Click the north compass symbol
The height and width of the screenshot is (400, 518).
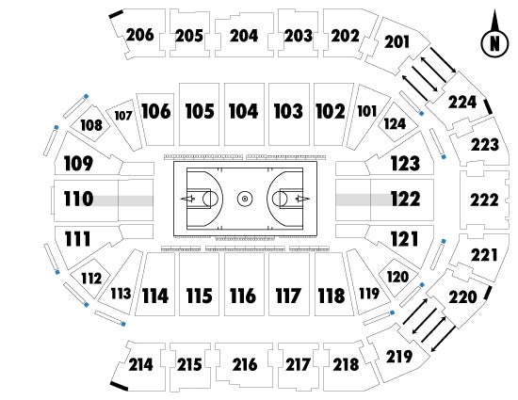coord(494,40)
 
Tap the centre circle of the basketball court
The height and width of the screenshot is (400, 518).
coord(245,199)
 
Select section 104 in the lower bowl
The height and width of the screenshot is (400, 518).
coord(244,114)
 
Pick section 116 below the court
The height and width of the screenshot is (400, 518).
coord(244,284)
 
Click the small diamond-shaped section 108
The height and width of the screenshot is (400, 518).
coord(91,124)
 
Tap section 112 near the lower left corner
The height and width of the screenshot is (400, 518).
coord(91,278)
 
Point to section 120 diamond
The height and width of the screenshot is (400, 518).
coord(398,277)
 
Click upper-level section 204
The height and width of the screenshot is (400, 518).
coord(244,35)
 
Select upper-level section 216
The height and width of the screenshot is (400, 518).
coord(244,364)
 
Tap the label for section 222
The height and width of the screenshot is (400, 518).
coord(484,200)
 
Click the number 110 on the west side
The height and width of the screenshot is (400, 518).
coord(78,199)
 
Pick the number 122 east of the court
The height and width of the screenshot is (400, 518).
coord(405,199)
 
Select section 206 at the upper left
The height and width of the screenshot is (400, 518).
coord(139,34)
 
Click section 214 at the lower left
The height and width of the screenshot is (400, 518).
coord(140,364)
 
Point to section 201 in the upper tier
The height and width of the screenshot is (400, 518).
coord(397,42)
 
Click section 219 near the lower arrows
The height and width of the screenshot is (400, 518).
coord(399,357)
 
